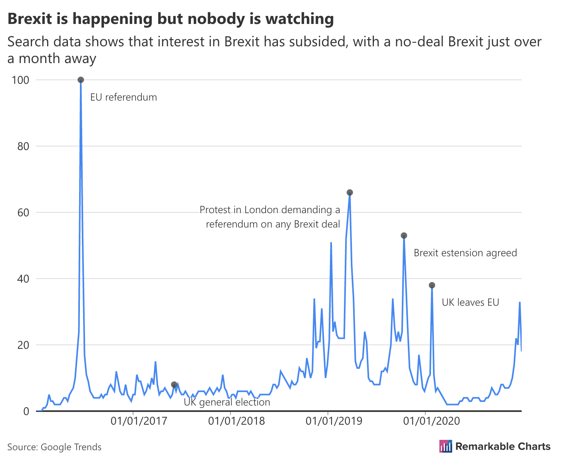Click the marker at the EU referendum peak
81,80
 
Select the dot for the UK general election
174,384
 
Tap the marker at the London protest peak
350,192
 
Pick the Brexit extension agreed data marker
404,235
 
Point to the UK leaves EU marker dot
432,285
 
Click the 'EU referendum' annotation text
123,97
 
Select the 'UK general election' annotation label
226,402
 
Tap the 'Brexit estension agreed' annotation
465,253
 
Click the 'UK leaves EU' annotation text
470,303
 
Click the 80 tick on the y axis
24,146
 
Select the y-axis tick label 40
24,279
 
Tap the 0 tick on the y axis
26,411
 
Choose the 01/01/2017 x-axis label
139,421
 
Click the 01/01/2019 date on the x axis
334,421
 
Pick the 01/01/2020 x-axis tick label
431,421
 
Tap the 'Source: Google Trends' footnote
54,447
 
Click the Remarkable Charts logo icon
445,446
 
